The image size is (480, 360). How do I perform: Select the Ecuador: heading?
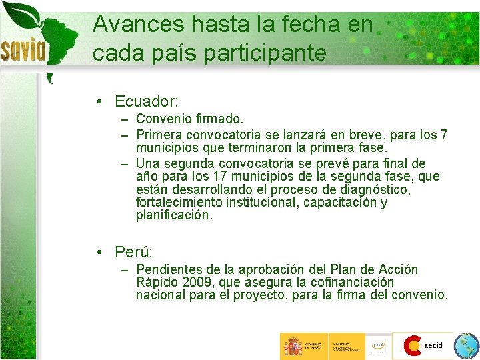click(146, 101)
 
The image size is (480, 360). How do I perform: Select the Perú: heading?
click(133, 252)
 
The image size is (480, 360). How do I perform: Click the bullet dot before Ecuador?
click(98, 102)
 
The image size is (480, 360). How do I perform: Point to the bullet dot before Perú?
click(98, 253)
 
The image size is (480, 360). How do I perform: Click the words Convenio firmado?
click(189, 119)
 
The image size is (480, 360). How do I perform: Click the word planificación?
click(174, 215)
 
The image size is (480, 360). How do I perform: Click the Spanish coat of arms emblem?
click(293, 346)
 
